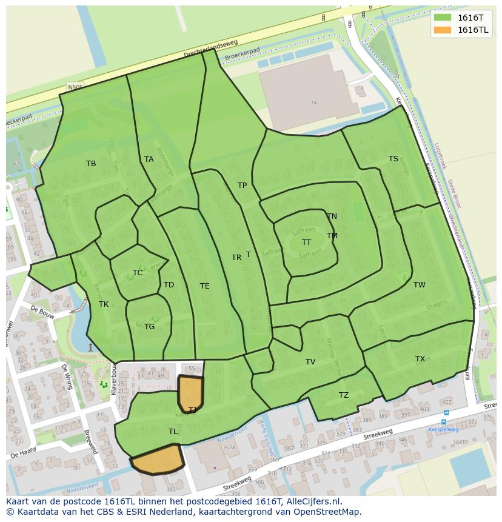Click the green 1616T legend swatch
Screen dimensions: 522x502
[443, 18]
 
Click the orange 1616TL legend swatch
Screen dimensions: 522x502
[443, 30]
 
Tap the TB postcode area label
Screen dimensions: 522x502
[91, 164]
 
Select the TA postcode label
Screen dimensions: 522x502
[149, 159]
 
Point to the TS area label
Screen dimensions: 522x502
[393, 159]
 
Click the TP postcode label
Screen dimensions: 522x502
[243, 186]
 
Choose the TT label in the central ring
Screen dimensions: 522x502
[307, 243]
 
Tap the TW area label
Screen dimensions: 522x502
[420, 285]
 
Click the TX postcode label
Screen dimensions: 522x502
[420, 359]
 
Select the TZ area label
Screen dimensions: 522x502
[344, 395]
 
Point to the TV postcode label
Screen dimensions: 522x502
[310, 362]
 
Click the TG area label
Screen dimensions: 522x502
[150, 327]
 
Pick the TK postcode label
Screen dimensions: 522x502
[104, 304]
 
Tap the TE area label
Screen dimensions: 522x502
[205, 286]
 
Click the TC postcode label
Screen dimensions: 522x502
[138, 273]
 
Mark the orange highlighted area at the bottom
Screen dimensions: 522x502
[158, 460]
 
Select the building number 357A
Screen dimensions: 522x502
[229, 448]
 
